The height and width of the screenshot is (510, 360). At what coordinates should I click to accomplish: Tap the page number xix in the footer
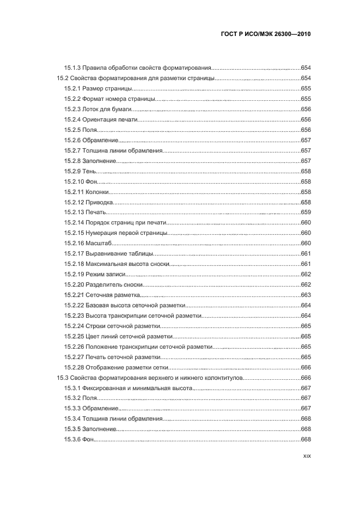[x=306, y=458]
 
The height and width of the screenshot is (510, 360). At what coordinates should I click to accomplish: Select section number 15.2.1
[x=72, y=88]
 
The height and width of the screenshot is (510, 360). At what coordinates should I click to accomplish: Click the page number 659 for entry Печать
[x=306, y=212]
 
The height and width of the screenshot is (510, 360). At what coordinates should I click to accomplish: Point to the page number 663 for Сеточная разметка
[x=306, y=295]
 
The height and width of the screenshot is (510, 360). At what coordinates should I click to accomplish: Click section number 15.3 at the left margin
[x=63, y=378]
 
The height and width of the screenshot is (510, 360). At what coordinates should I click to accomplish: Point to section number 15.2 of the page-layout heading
[x=63, y=78]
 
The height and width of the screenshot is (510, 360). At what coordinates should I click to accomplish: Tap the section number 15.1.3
[x=72, y=68]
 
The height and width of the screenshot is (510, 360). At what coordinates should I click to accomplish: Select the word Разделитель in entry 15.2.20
[x=103, y=284]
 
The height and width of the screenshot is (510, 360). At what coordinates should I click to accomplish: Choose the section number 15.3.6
[x=72, y=440]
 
